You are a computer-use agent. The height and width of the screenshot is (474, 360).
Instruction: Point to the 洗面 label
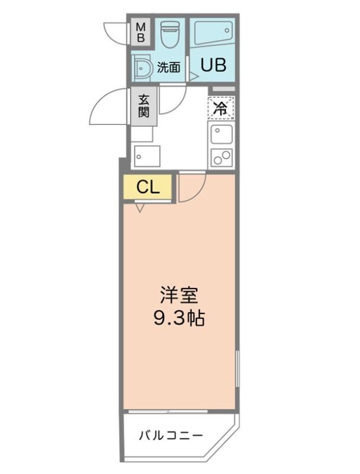[x=168, y=67]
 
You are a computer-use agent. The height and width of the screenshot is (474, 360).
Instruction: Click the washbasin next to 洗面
[x=143, y=69]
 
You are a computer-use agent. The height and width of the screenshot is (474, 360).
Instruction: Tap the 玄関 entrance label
[x=144, y=107]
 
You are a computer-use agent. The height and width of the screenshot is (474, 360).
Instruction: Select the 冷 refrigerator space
[x=221, y=108]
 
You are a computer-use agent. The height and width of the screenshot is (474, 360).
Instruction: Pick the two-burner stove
[x=221, y=157]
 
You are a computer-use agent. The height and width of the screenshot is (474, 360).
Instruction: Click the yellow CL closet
[x=148, y=187]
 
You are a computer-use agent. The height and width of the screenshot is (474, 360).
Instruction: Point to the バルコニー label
[x=171, y=436]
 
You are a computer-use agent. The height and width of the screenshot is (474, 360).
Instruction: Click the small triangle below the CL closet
[x=139, y=207]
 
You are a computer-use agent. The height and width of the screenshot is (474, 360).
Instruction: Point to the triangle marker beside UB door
[x=193, y=76]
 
